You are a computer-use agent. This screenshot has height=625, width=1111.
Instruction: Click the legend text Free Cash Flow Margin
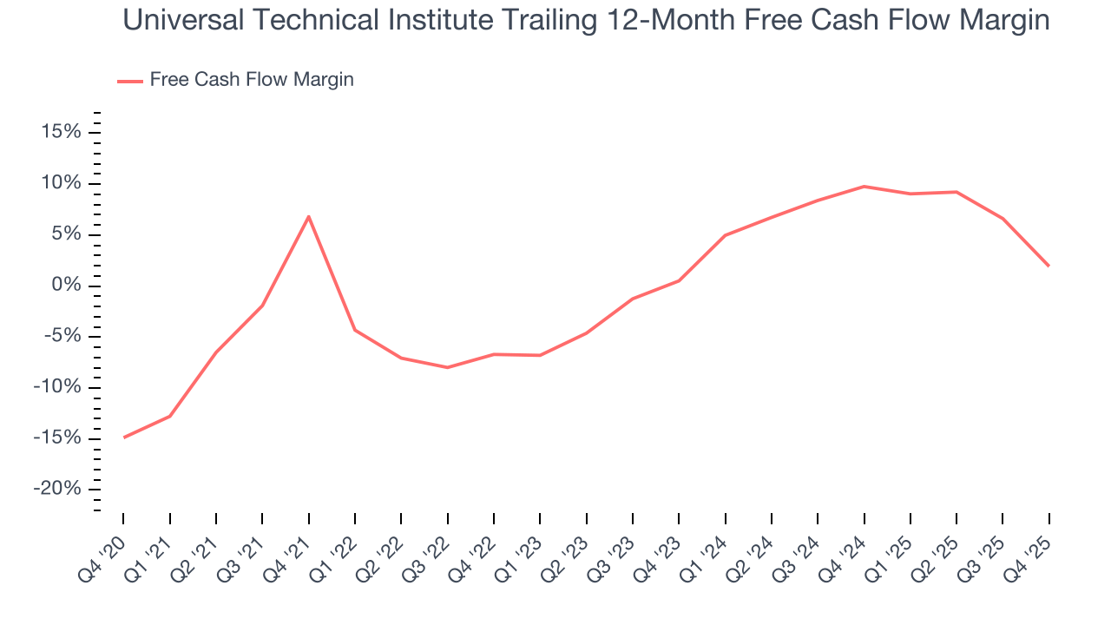pyautogui.click(x=252, y=80)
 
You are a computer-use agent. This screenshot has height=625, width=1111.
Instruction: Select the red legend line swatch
pyautogui.click(x=130, y=81)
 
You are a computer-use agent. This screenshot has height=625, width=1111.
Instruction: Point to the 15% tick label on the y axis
pyautogui.click(x=60, y=132)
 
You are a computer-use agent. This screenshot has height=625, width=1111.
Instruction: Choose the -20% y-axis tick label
pyautogui.click(x=56, y=490)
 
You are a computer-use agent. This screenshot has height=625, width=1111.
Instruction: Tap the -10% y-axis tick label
pyautogui.click(x=56, y=387)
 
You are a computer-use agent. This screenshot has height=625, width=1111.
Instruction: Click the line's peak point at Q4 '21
pyautogui.click(x=308, y=216)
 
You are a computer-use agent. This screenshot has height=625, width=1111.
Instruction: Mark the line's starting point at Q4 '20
pyautogui.click(x=123, y=437)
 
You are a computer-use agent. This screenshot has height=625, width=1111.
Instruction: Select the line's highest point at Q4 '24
pyautogui.click(x=864, y=186)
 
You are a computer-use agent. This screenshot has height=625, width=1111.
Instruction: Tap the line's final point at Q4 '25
pyautogui.click(x=1049, y=266)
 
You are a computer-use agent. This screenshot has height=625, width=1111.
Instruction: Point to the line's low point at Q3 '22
pyautogui.click(x=447, y=367)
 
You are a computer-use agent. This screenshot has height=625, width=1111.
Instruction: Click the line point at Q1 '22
pyautogui.click(x=355, y=330)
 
